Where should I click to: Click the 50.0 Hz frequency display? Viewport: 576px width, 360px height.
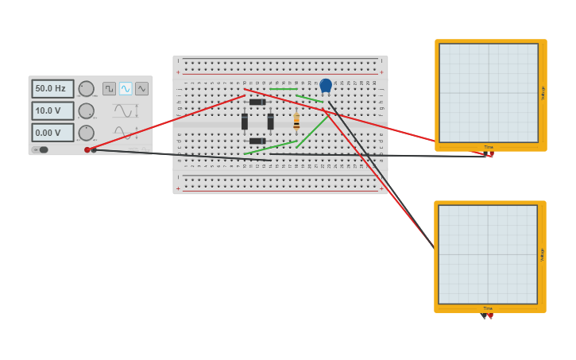pyautogui.click(x=52, y=89)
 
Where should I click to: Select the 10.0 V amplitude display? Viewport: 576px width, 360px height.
pyautogui.click(x=52, y=111)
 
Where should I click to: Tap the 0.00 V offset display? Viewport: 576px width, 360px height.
pyautogui.click(x=52, y=133)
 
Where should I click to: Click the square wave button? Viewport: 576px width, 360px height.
pyautogui.click(x=109, y=89)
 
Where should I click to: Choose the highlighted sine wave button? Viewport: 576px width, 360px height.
pyautogui.click(x=126, y=89)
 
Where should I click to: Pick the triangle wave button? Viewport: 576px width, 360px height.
pyautogui.click(x=141, y=89)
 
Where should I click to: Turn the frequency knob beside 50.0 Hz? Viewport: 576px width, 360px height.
pyautogui.click(x=86, y=89)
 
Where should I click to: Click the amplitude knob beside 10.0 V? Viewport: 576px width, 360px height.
pyautogui.click(x=86, y=111)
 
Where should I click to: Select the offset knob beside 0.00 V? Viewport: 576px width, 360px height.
pyautogui.click(x=86, y=133)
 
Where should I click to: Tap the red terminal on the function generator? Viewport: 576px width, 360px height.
pyautogui.click(x=87, y=149)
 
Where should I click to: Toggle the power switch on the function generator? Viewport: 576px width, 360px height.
pyautogui.click(x=42, y=149)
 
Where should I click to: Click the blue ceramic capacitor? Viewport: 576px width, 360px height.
pyautogui.click(x=326, y=85)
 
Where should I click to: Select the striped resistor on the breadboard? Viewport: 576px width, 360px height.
pyautogui.click(x=296, y=121)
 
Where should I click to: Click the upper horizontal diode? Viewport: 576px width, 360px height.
pyautogui.click(x=257, y=102)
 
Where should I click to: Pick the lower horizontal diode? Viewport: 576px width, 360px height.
pyautogui.click(x=257, y=141)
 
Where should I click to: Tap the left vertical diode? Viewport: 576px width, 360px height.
pyautogui.click(x=245, y=122)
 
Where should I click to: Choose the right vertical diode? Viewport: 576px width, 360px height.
pyautogui.click(x=270, y=122)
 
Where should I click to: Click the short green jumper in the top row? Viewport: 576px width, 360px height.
pyautogui.click(x=283, y=89)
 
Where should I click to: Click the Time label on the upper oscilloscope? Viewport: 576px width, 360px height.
pyautogui.click(x=488, y=147)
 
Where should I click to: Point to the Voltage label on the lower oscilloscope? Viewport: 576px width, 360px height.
pyautogui.click(x=543, y=254)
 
